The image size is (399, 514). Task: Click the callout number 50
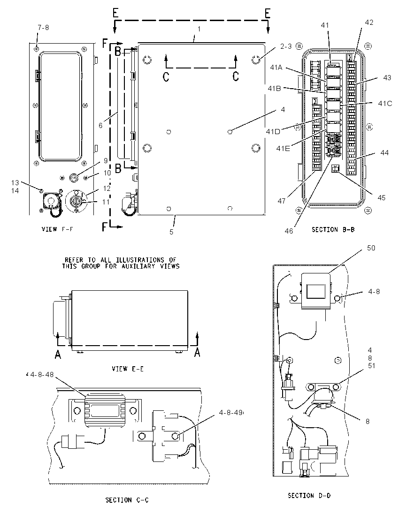pos(371,248)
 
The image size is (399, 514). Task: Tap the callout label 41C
pos(385,103)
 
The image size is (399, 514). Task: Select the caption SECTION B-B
pos(333,229)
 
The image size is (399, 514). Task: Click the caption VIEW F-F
pos(57,229)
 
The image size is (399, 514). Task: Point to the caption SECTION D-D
pos(309,496)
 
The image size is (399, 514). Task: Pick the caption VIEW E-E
pos(128,369)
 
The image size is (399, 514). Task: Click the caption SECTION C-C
pos(127,500)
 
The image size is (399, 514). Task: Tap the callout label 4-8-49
pos(230,412)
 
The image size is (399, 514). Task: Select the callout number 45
pos(381,197)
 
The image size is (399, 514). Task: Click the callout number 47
pos(282,201)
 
